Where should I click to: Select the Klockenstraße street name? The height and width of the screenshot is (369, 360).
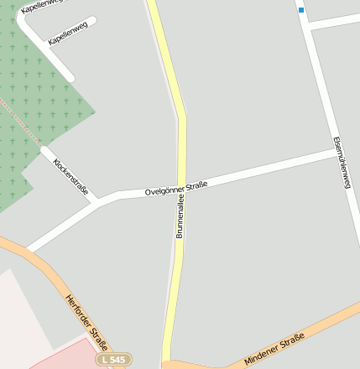pos(70,176)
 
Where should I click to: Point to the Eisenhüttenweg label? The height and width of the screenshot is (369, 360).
pos(341,162)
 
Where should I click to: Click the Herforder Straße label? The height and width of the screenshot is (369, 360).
pos(87,323)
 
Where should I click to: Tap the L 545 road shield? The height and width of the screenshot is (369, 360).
pos(113,359)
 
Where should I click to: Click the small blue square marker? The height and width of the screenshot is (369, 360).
pos(300,10)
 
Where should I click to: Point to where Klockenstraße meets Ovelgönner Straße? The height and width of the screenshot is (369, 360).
pos(99,200)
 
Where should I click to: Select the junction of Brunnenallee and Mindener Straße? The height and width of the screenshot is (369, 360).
pos(168,364)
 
